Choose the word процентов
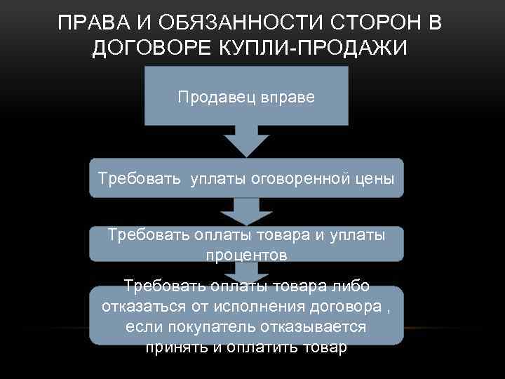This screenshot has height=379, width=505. pos(246,255)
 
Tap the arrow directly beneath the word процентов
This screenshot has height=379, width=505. pos(246,272)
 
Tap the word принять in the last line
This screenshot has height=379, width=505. pos(173,347)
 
